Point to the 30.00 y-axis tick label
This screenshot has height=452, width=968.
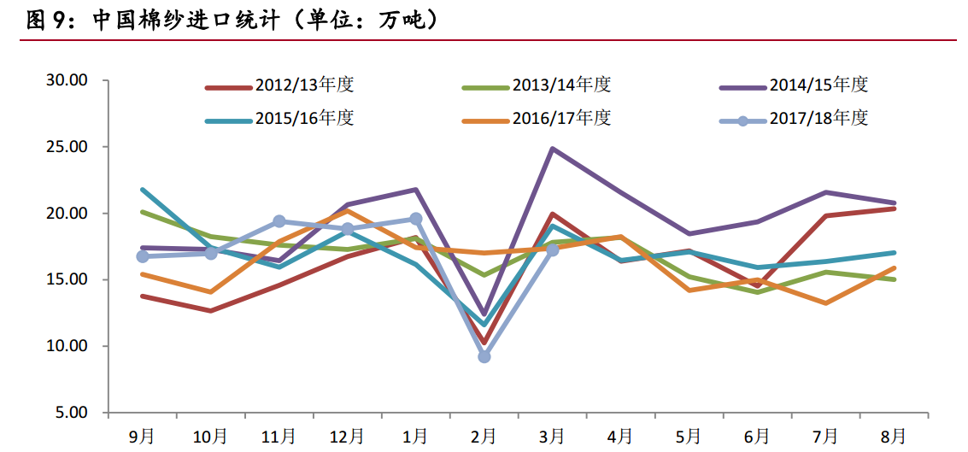point(67,80)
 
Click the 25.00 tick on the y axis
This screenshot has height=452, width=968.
point(67,147)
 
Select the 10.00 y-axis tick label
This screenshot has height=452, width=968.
point(67,346)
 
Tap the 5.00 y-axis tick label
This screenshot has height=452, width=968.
point(72,413)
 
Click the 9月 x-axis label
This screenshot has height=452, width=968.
point(142,437)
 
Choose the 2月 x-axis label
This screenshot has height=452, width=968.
point(484,437)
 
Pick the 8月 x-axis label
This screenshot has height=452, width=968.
point(894,437)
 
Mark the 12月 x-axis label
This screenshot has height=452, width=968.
point(347,437)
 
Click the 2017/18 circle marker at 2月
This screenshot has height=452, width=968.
point(484,356)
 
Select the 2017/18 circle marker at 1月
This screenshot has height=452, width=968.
point(416,219)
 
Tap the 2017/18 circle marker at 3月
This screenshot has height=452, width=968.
point(553,249)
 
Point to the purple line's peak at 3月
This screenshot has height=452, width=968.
point(553,149)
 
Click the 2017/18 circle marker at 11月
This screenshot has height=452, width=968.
point(279,221)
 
